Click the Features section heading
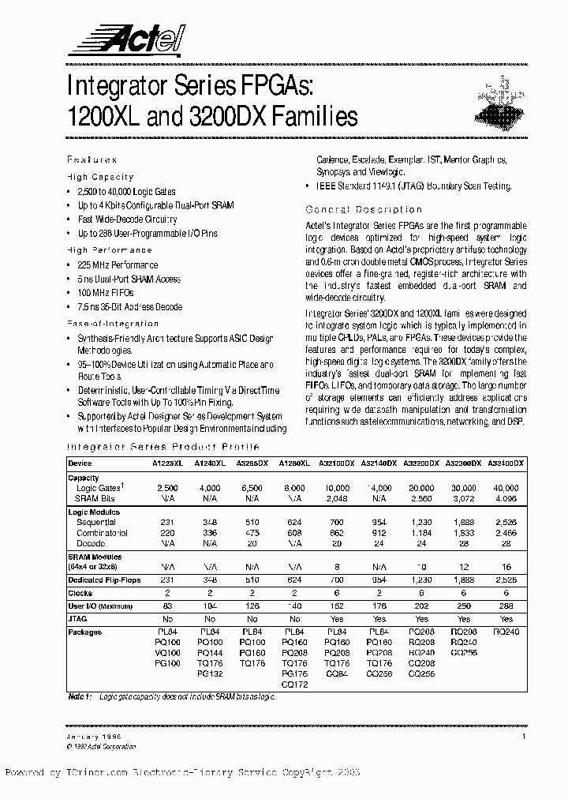tap(92, 159)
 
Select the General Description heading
tap(364, 209)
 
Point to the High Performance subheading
tap(110, 249)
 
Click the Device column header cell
tap(80, 463)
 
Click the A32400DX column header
tap(506, 463)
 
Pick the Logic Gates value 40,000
tap(506, 488)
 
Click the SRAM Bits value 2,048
tap(337, 498)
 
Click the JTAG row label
tap(79, 620)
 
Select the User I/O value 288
tap(506, 606)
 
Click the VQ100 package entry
tap(168, 653)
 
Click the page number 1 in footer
tap(523, 736)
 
